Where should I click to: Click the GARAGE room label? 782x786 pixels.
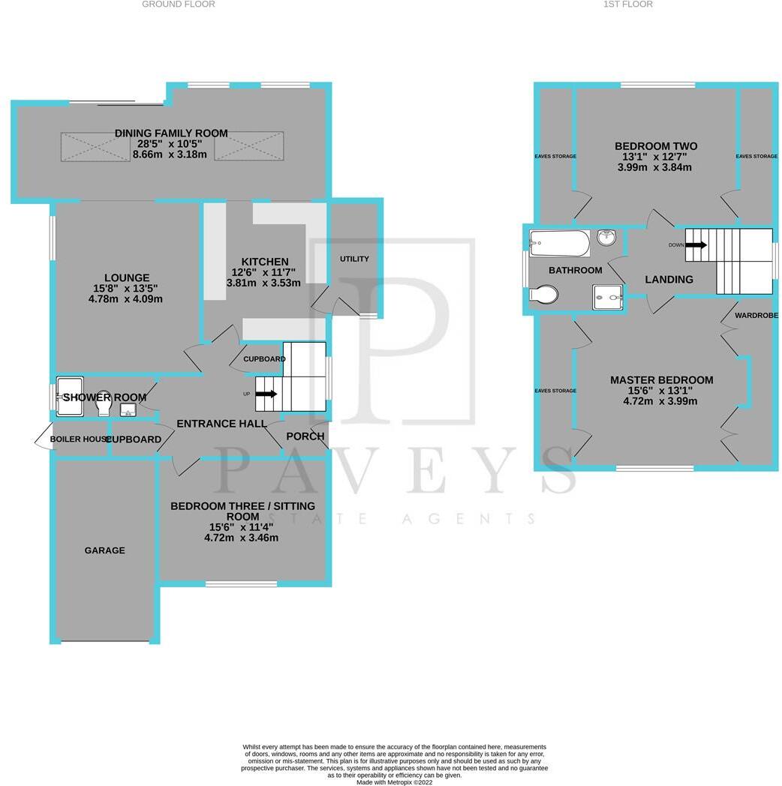coord(104,550)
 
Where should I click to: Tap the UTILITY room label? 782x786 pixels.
coord(354,259)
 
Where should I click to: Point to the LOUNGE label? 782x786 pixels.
coord(127,277)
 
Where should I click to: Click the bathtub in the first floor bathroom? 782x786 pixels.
coord(560,242)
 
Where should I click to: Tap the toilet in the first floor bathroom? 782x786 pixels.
coord(543,295)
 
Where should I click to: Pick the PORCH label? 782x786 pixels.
coord(305,436)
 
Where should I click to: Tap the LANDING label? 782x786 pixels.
coord(669,280)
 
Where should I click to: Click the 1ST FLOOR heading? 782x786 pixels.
coord(628,4)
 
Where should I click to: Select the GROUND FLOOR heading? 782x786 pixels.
coord(179,4)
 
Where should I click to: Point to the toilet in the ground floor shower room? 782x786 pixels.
coord(104,404)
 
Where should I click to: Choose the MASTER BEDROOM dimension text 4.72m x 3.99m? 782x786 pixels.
coord(661,401)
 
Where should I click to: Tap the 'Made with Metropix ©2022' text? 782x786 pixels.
coord(395,781)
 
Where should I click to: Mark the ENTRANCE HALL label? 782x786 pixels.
coord(221,424)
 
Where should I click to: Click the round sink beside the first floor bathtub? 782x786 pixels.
coord(607,238)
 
